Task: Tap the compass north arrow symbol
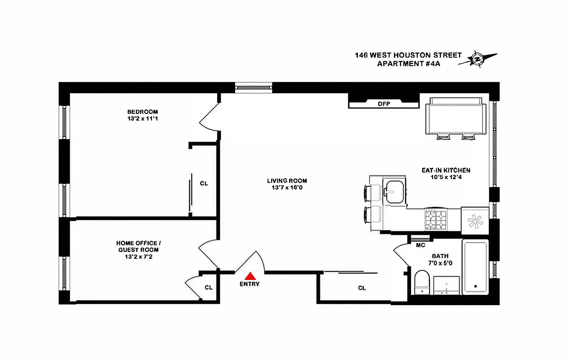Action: click(x=477, y=59)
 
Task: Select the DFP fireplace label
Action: click(x=384, y=104)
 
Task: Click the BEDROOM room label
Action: click(x=143, y=112)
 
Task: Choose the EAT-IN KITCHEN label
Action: click(x=446, y=170)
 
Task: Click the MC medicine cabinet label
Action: click(x=420, y=245)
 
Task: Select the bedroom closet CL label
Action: click(x=204, y=184)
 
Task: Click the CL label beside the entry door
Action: click(x=209, y=287)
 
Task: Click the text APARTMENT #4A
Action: click(x=408, y=63)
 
